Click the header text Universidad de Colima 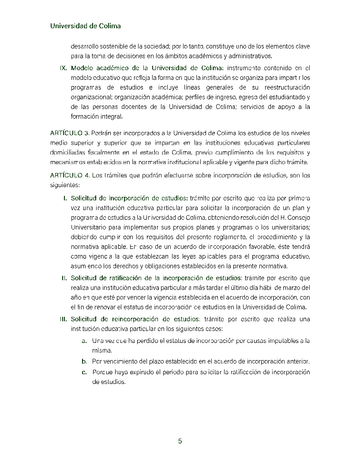85,26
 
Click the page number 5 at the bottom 180,441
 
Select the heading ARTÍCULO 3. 70,133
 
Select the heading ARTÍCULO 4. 70,176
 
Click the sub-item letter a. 84,341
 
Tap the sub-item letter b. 84,361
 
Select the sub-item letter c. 84,372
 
